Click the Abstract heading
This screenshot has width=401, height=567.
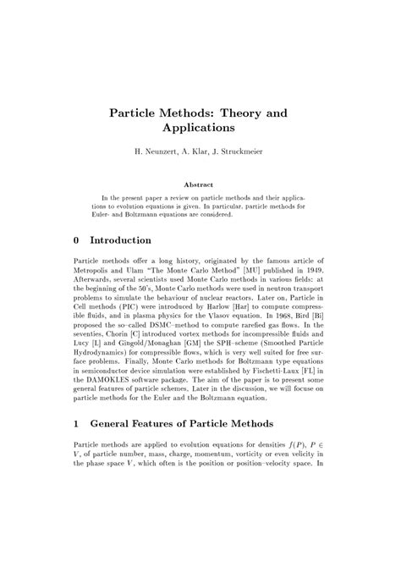tap(199, 184)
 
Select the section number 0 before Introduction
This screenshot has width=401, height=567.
tap(77, 240)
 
